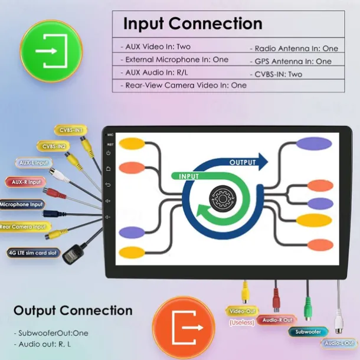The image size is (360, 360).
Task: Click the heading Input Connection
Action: click(192, 24)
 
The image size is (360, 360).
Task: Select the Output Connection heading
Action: click(73, 310)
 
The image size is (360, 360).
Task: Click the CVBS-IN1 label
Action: click(71, 130)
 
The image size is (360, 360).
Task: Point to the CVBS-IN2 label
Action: click(54, 146)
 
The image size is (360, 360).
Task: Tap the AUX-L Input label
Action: click(34, 163)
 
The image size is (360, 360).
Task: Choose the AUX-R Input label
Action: click(26, 182)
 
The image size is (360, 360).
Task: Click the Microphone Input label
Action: click(22, 205)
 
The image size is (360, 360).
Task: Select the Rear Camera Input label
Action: click(23, 227)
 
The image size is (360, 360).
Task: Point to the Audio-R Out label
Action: click(277, 320)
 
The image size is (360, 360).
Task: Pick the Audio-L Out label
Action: click(339, 342)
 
